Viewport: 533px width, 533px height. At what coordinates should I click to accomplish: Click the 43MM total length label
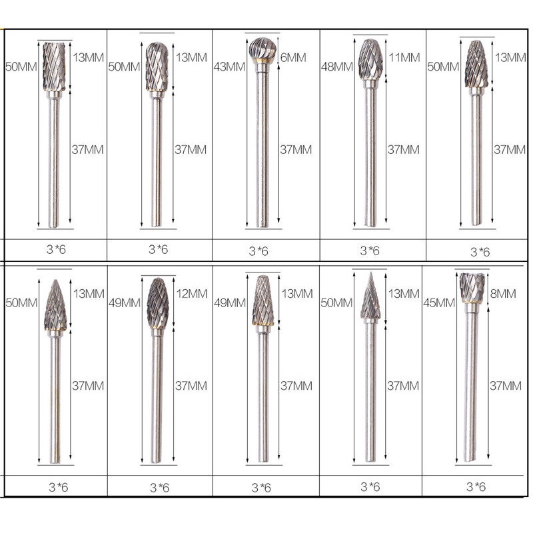pyautogui.click(x=229, y=67)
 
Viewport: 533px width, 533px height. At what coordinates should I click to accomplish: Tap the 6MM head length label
pyautogui.click(x=293, y=57)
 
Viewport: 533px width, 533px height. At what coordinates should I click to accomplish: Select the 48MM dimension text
pyautogui.click(x=337, y=67)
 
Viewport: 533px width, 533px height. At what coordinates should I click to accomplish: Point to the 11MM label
pyautogui.click(x=404, y=57)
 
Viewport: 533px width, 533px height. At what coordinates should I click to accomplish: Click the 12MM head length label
pyautogui.click(x=192, y=294)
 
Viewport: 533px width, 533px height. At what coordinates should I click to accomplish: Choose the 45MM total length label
pyautogui.click(x=439, y=302)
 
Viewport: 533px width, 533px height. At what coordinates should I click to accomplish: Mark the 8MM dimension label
pyautogui.click(x=503, y=294)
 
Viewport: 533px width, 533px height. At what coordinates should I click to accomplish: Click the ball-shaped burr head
pyautogui.click(x=263, y=50)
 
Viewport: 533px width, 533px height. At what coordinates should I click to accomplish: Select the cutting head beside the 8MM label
pyautogui.click(x=472, y=288)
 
